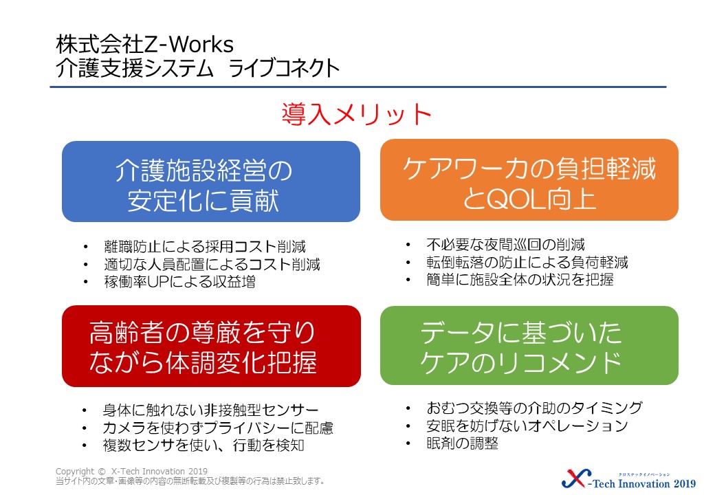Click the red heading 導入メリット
[x=356, y=114]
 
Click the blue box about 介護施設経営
[x=210, y=181]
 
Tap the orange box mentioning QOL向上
[x=529, y=180]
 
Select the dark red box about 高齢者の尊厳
[x=211, y=346]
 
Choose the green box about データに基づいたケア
[x=529, y=345]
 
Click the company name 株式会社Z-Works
[x=144, y=45]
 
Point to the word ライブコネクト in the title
[x=284, y=68]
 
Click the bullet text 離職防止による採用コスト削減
[x=205, y=247]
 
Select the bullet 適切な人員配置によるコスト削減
[x=212, y=265]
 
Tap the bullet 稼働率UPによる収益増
[x=179, y=282]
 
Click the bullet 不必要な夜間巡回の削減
[x=506, y=245]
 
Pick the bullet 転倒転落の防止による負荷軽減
[x=527, y=262]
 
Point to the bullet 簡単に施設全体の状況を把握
[x=520, y=279]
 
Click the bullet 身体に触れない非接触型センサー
[x=210, y=410]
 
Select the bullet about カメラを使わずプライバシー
[x=218, y=428]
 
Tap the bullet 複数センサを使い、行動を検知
[x=203, y=445]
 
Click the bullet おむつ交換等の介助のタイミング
[x=534, y=408]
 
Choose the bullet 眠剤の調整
[x=463, y=443]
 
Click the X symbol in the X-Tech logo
[x=576, y=478]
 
